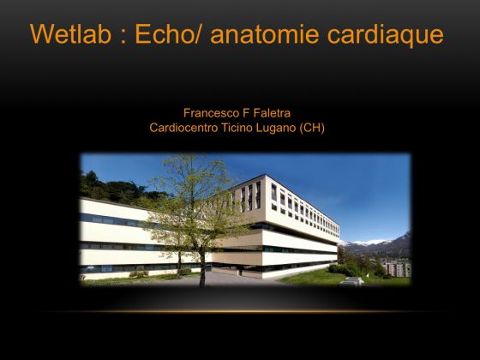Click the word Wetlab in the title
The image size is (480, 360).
coord(70,33)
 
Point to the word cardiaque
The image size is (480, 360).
coord(386,36)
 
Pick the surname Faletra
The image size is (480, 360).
coord(271,113)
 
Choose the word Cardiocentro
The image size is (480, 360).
coord(183,128)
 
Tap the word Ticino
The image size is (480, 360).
coord(237,128)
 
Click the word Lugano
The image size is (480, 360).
coord(276,129)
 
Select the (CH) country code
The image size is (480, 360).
coord(312,128)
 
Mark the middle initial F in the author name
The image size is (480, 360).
coord(245,113)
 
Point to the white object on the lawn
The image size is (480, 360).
coord(352,281)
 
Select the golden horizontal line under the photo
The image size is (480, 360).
coord(240,312)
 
